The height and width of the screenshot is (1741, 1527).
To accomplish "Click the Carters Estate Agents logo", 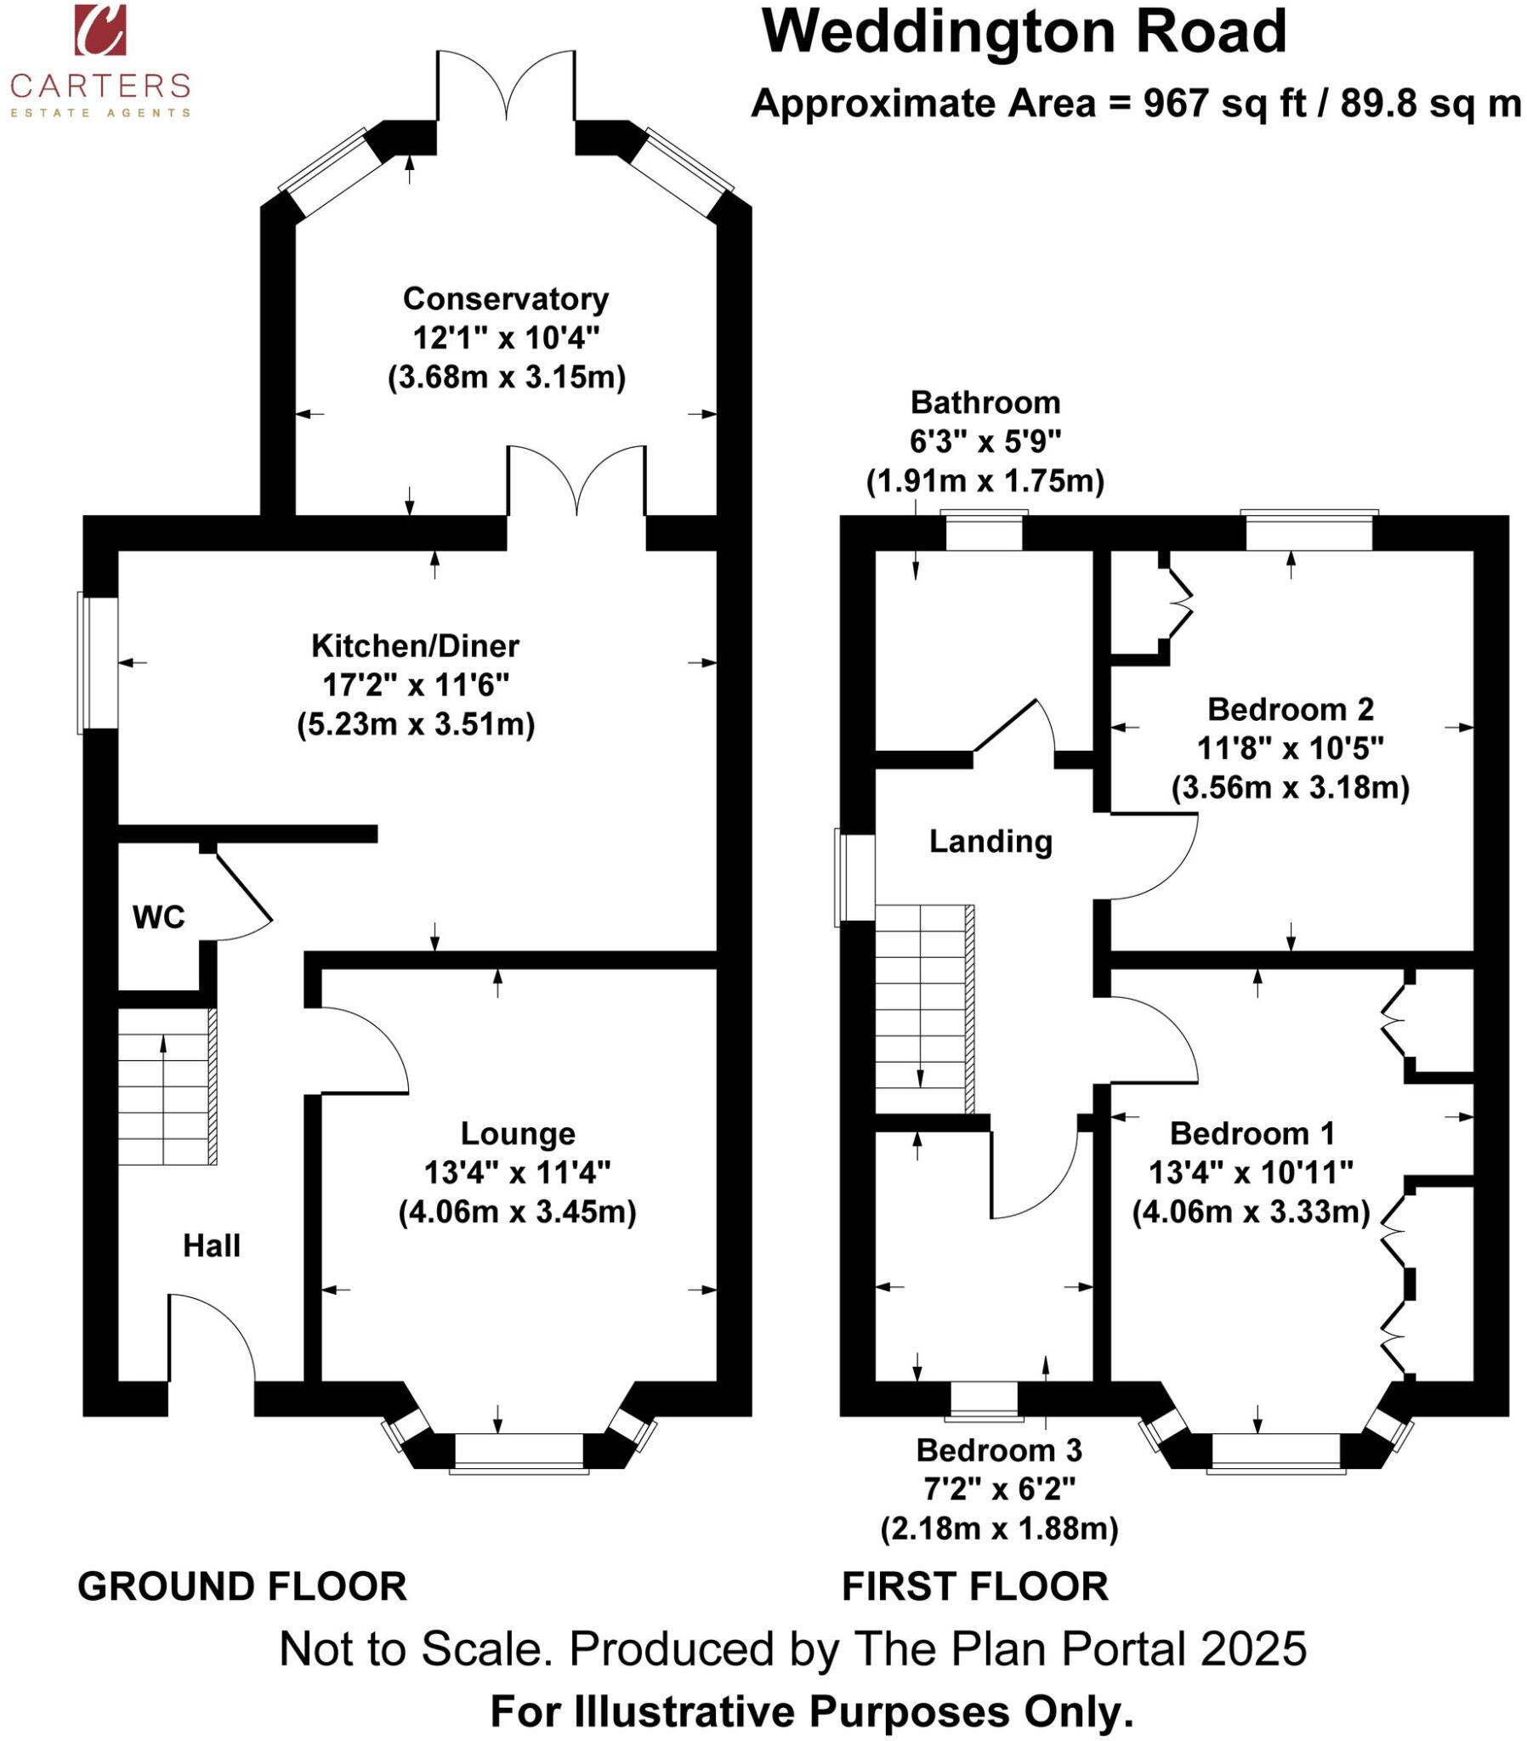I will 99,60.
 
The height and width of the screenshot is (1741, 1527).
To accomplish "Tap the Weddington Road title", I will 1024,32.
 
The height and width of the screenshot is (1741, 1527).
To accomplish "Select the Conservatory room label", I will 505,299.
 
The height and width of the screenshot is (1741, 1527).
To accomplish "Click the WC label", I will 158,917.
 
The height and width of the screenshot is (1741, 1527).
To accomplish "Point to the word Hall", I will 212,1246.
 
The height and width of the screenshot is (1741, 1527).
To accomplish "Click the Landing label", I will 991,842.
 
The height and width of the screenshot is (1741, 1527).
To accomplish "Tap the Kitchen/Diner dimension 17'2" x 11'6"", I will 415,686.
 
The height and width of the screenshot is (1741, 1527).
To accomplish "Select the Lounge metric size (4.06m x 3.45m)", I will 517,1212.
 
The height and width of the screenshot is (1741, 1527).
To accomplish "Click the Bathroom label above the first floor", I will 985,402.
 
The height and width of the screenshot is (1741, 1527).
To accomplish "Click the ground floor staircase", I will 166,1086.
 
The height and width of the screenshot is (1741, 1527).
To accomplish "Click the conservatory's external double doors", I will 506,85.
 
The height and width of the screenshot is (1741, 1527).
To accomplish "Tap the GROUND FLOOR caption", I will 242,1587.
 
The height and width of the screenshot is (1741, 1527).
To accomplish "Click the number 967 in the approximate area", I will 1175,104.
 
